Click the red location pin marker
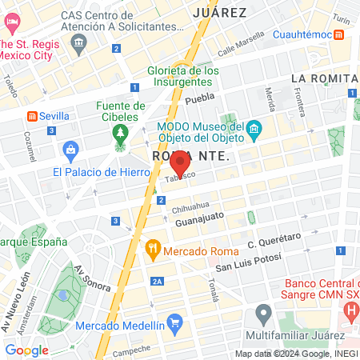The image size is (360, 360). pos(178,162)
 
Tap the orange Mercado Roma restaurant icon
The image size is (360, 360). pos(153,250)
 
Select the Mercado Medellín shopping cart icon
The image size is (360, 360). pos(176,324)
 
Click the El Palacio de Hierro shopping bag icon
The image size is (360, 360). pos(71,149)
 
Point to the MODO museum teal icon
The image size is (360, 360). pos(254,129)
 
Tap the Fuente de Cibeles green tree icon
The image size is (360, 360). pos(120,132)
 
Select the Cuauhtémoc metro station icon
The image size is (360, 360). pos(340,35)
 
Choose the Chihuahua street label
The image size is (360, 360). pos(190,205)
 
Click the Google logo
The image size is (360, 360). pos(26,350)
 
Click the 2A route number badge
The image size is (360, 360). pos(158,281)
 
